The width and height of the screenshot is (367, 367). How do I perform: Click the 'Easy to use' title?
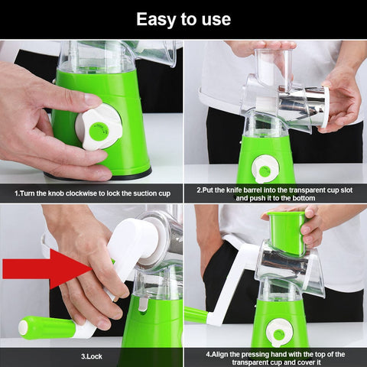tap(183, 18)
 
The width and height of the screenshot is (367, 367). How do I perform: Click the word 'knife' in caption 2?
tap(237, 188)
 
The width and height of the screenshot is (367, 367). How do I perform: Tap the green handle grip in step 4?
tap(196, 313)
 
